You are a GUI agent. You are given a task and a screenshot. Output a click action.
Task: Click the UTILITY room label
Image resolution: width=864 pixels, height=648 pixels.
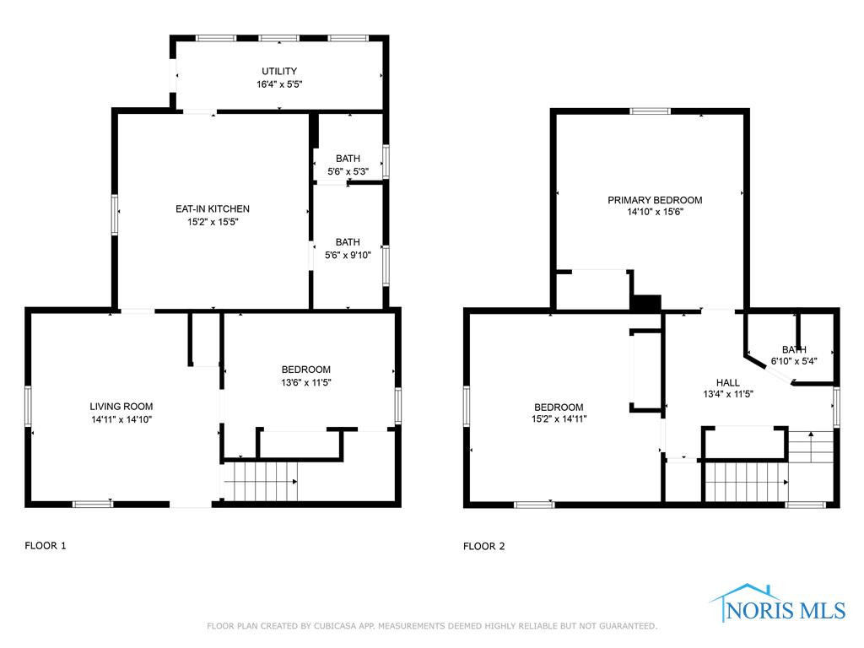(279, 71)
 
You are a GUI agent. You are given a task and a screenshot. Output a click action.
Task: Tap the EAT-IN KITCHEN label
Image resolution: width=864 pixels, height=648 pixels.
(213, 209)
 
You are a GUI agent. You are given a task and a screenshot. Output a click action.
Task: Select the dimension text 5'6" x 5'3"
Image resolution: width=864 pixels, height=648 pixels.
(348, 171)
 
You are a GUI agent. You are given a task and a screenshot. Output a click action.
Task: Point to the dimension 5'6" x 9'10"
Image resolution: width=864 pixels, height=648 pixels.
(348, 255)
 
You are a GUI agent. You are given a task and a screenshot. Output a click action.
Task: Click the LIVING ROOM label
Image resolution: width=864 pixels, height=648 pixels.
(121, 407)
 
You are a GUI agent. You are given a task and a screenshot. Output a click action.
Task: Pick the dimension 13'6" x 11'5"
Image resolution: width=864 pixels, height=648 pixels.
(306, 382)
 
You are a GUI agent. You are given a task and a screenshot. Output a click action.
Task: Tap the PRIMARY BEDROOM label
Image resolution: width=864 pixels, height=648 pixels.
(655, 200)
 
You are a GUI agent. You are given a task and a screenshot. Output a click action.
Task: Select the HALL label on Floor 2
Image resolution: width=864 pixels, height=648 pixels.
(728, 382)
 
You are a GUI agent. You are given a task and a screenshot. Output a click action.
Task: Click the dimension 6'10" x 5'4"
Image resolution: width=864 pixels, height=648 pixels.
(794, 361)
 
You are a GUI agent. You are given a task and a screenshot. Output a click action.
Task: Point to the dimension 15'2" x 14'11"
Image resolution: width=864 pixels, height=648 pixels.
(559, 418)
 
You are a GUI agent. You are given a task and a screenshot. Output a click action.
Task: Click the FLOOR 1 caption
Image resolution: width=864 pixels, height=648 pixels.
(46, 546)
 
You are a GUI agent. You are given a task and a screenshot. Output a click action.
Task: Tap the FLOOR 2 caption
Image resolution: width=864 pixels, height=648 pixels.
(483, 546)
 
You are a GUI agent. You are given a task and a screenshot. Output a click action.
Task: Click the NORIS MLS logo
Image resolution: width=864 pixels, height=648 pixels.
(778, 604)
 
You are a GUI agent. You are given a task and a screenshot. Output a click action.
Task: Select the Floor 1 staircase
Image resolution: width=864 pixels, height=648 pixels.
(261, 481)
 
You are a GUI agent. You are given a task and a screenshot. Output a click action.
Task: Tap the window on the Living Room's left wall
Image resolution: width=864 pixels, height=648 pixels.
(28, 406)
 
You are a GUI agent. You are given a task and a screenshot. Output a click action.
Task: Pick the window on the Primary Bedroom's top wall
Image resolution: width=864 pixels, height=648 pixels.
(651, 111)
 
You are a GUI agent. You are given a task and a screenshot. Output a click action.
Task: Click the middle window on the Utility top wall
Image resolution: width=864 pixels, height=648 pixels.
(278, 39)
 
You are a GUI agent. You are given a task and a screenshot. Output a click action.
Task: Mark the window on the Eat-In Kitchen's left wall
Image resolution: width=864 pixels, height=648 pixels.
(115, 214)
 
